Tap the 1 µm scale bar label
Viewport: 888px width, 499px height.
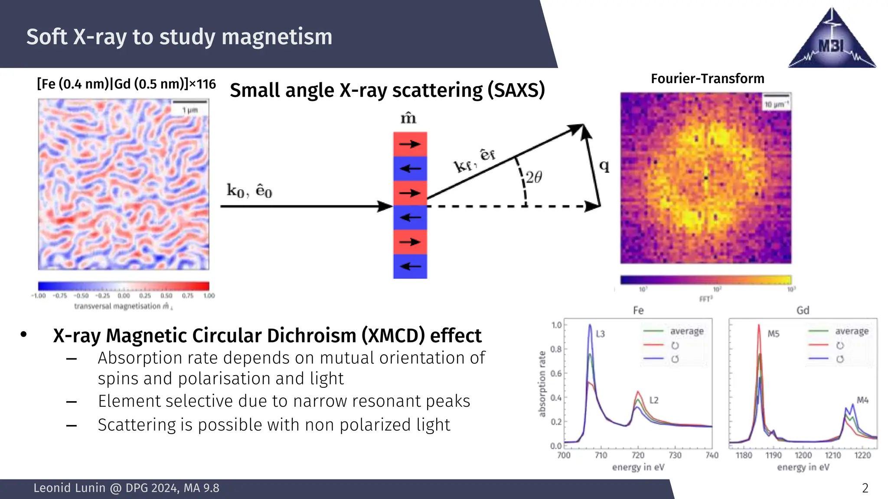(190, 110)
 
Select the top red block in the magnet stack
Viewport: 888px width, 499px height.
(410, 144)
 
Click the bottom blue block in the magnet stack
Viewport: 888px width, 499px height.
(410, 266)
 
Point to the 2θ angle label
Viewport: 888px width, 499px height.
(534, 177)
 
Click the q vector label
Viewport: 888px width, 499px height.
(604, 166)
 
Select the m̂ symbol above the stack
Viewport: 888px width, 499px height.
(408, 118)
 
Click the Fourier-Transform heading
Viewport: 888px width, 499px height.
(707, 79)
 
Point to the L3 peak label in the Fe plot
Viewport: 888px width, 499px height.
(600, 334)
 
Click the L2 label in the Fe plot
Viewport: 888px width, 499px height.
(654, 400)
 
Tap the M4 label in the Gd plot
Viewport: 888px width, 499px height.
(862, 400)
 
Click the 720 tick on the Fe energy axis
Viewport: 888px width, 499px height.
(638, 455)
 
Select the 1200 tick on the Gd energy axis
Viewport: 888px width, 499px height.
(803, 455)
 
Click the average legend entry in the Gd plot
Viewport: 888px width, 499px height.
(852, 331)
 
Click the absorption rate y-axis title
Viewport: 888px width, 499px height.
(542, 384)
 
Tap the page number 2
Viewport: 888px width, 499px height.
(865, 488)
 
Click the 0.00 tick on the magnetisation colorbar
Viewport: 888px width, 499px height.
(124, 296)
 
